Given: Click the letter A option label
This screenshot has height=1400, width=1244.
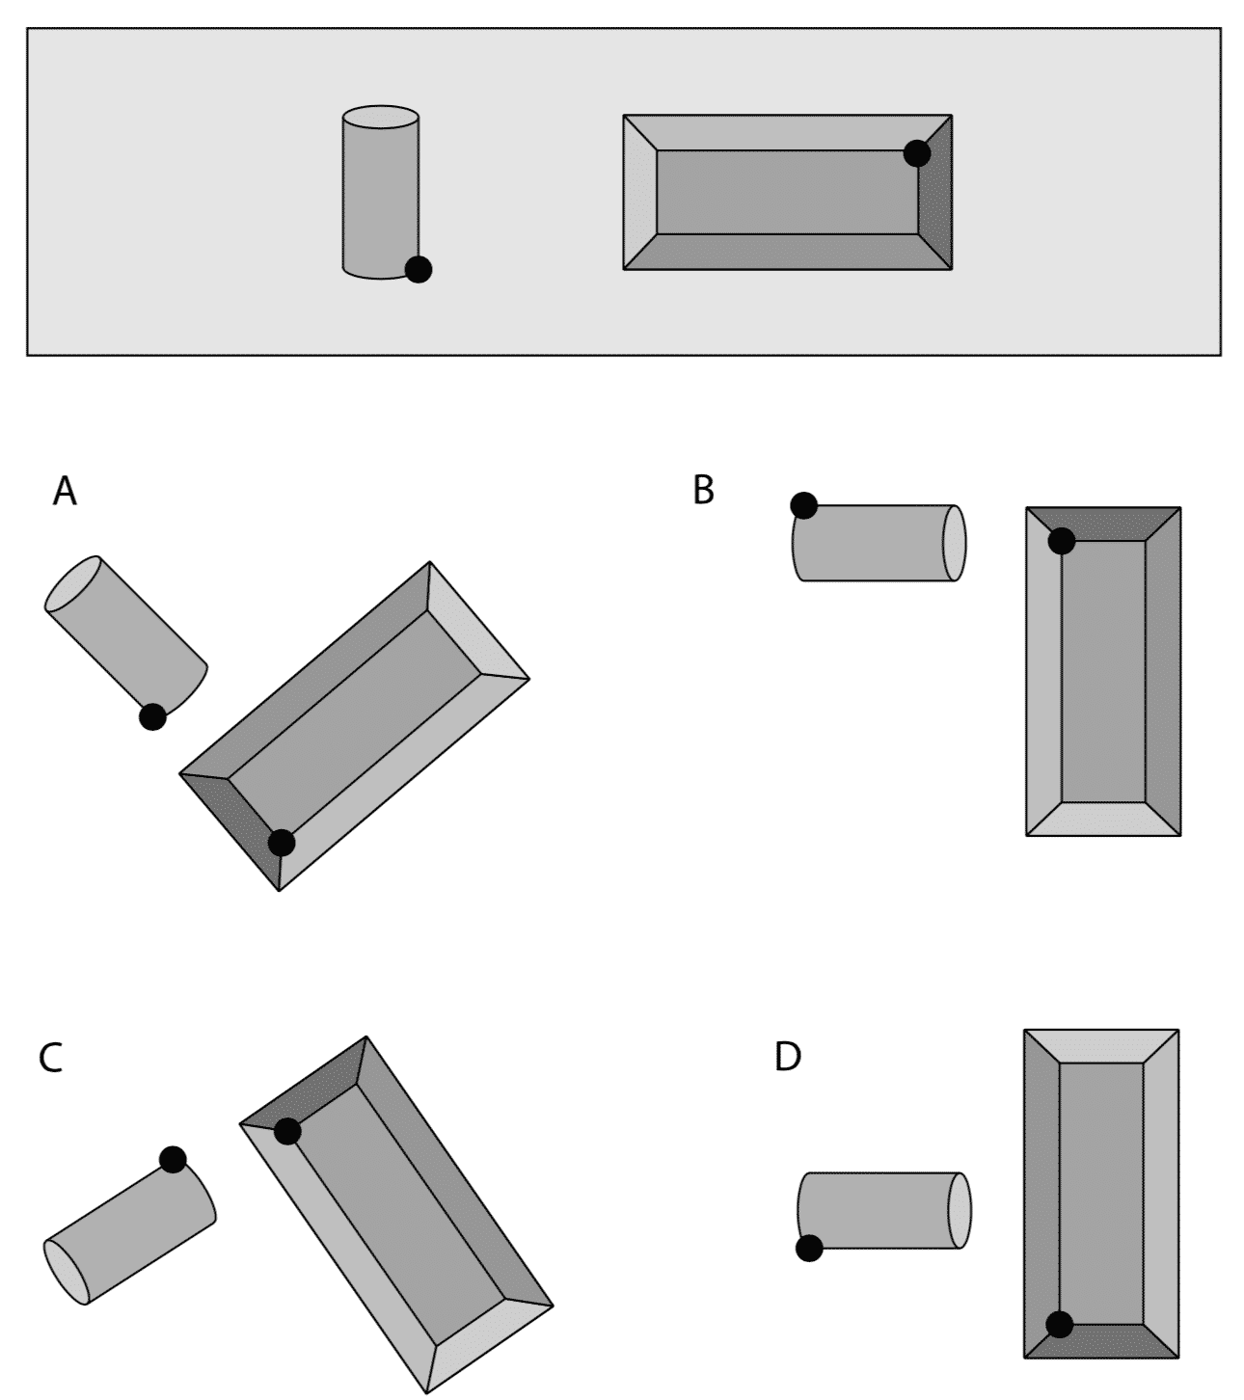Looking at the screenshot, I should tap(65, 492).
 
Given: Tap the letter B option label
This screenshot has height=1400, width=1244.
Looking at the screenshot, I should tap(703, 491).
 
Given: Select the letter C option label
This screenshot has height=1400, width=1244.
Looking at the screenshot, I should tap(50, 1059).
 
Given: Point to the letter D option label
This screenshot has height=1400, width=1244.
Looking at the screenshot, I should tap(787, 1058).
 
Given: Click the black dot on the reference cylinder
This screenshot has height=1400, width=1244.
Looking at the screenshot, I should tap(419, 270).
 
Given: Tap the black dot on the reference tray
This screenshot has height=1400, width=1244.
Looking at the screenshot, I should tap(917, 153).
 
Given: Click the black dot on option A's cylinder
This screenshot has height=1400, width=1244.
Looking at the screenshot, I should tap(152, 717).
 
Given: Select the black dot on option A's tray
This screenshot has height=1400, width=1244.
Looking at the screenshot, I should tap(282, 843).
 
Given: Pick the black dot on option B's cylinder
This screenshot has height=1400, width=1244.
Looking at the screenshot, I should tap(803, 505).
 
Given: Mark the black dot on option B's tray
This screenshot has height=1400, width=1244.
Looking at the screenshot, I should tap(1061, 541).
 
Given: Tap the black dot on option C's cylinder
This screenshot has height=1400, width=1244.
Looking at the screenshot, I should tap(173, 1160).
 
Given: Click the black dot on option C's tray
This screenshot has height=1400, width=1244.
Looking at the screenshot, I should tap(287, 1131).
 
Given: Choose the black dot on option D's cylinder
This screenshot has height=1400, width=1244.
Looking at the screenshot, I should tap(809, 1249).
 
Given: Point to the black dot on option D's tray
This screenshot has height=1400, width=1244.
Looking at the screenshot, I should tap(1059, 1325).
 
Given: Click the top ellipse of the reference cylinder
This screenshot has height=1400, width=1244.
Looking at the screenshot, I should tap(381, 117).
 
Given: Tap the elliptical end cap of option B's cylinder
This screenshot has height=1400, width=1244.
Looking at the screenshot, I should tap(954, 543).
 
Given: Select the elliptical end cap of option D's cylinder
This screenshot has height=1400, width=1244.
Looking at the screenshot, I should tap(959, 1211).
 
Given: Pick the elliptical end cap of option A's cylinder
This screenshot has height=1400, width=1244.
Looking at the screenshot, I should tap(73, 583).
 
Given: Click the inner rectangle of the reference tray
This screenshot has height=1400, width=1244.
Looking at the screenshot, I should tap(787, 192).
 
